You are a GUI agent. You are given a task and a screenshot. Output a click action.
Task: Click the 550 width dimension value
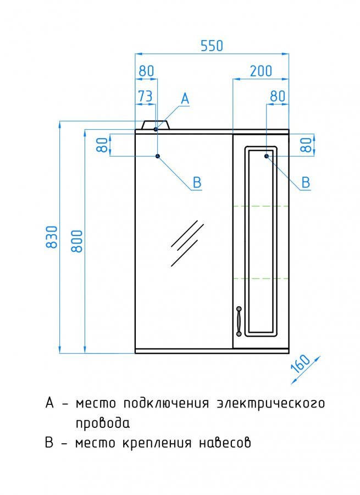[212, 46]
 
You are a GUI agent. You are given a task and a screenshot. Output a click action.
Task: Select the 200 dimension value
[261, 71]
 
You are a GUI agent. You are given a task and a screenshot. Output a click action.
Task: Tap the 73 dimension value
[146, 96]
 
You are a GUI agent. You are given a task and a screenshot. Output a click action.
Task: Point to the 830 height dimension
[52, 237]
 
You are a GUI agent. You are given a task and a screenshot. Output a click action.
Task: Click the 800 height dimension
[77, 241]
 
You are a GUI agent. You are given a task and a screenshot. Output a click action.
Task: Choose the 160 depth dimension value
[301, 364]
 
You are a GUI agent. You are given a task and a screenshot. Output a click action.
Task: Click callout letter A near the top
[185, 99]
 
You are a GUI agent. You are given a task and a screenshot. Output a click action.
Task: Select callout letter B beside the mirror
[197, 183]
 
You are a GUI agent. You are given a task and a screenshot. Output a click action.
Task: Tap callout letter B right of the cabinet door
[306, 183]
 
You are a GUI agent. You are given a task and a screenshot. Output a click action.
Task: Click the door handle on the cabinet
[239, 321]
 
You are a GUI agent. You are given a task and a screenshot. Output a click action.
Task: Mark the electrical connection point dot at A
[156, 129]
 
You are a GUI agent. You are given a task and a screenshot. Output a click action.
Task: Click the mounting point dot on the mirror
[158, 156]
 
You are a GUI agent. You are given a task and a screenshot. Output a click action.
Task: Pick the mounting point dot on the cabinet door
[267, 156]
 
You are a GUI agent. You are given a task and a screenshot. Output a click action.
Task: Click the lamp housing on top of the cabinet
[156, 125]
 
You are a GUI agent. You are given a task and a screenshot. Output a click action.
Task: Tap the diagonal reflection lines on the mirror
[187, 243]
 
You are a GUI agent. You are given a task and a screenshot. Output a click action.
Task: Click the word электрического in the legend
[271, 403]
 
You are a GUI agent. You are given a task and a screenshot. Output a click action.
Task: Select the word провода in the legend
[103, 422]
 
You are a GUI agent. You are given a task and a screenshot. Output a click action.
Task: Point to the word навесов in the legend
[225, 442]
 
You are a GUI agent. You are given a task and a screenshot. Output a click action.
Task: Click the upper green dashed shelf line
[261, 206]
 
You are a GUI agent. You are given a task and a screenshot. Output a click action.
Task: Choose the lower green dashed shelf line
[261, 278]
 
